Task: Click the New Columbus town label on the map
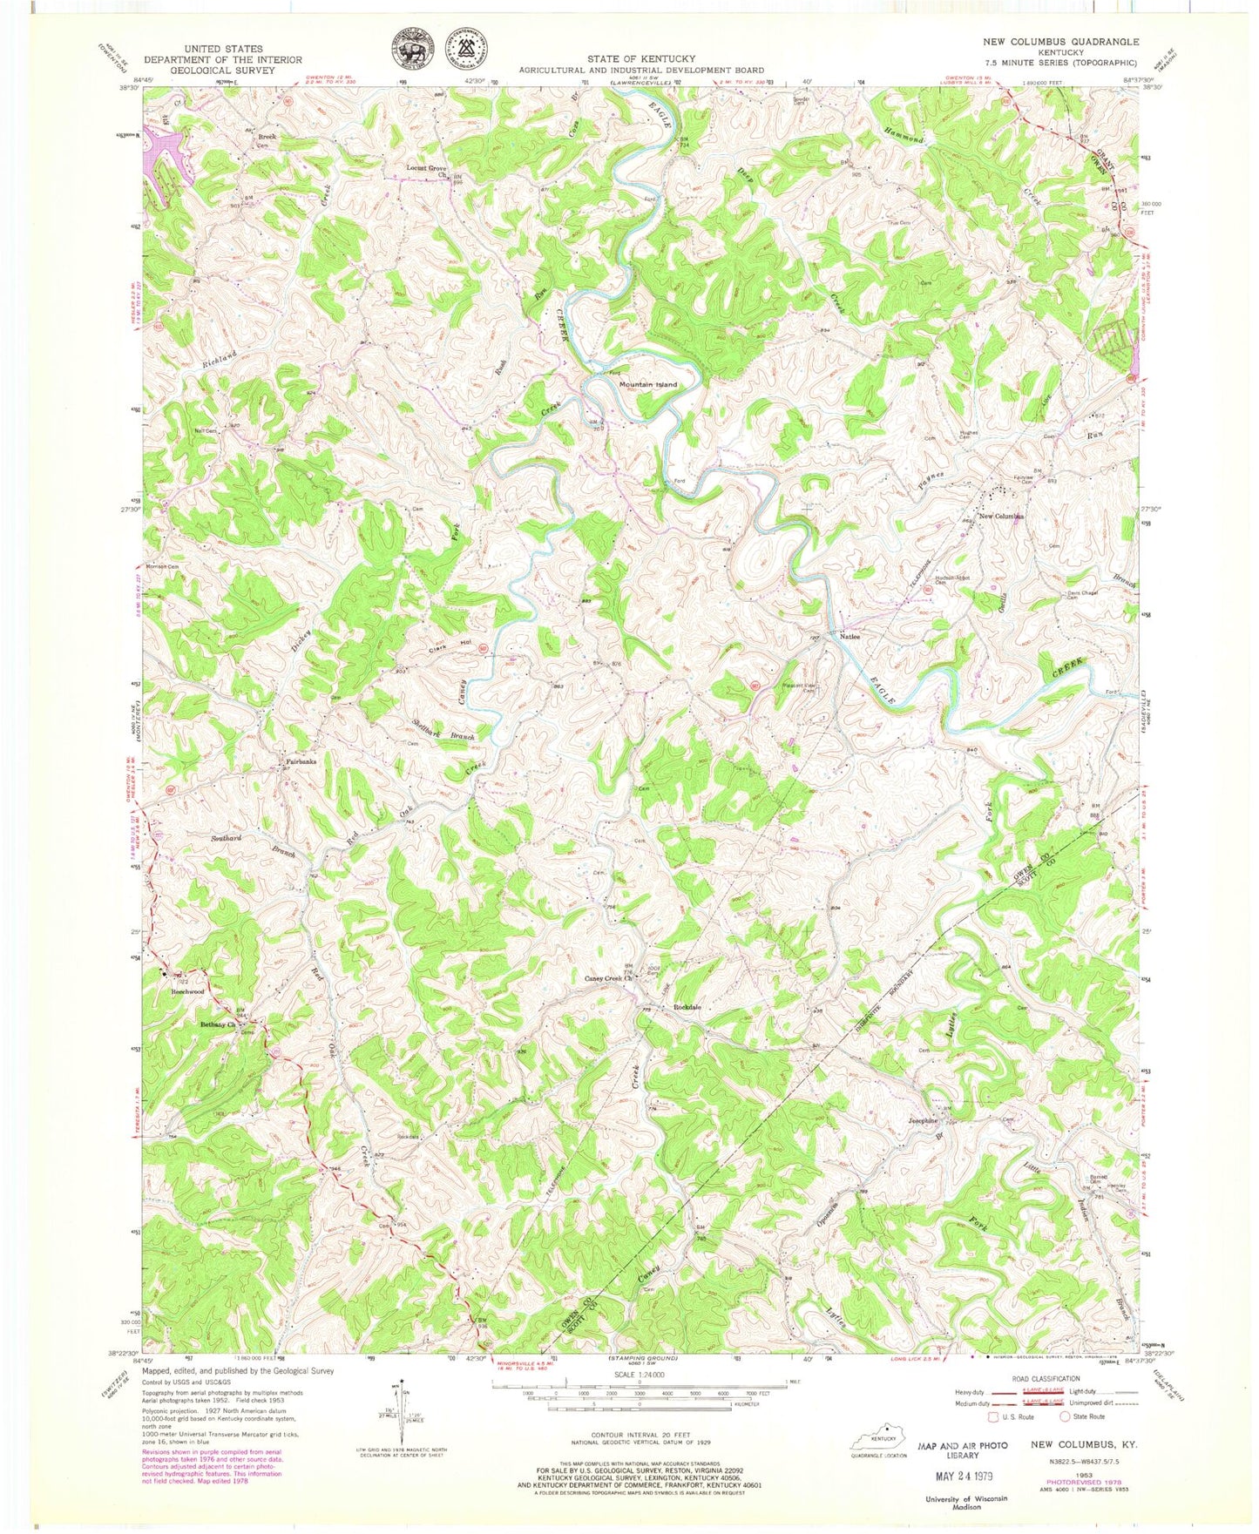(1001, 517)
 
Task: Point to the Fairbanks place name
(295, 762)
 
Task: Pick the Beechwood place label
(187, 991)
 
